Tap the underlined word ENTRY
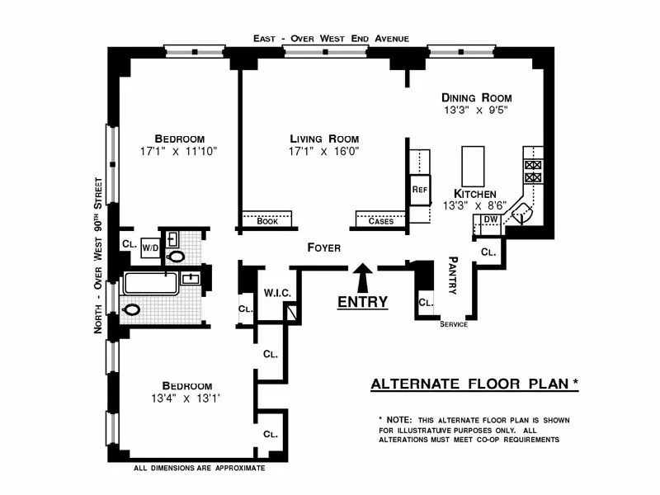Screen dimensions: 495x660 pos(362,302)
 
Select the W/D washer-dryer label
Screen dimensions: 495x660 pos(151,246)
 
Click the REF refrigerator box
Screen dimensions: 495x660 pos(418,189)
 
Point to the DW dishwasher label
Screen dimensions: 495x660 pos(490,219)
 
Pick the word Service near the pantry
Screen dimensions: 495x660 pos(454,324)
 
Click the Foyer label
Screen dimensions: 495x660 pos(324,247)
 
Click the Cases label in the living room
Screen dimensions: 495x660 pos(380,221)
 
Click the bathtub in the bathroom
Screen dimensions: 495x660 pos(151,284)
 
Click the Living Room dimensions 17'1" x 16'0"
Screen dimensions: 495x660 pos(323,152)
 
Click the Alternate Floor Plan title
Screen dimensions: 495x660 pos(474,384)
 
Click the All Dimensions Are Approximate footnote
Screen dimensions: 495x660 pos(199,468)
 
